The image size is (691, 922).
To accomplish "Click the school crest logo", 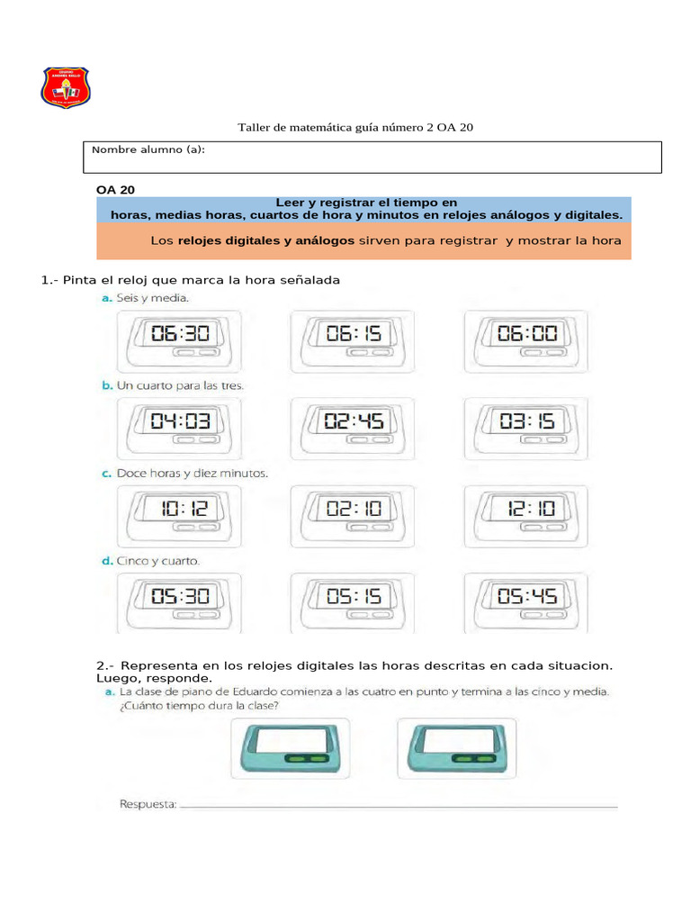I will point(66,86).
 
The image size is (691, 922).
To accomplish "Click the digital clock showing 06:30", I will point(178,339).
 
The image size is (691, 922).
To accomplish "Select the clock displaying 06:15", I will point(353,339).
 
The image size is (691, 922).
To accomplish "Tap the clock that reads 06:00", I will point(526,339).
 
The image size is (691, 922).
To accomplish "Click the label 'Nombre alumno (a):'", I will point(148,149).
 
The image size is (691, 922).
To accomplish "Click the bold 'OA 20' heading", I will point(115,189).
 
